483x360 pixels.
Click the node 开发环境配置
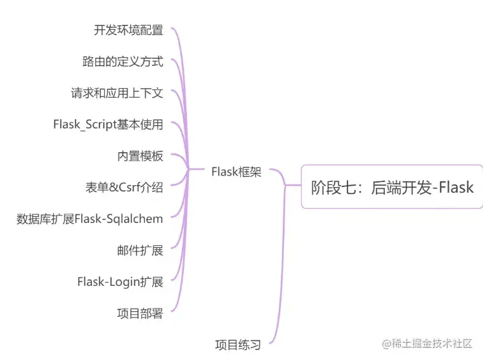click(129, 30)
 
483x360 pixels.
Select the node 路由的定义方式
click(123, 61)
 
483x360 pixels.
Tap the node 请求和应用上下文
click(117, 93)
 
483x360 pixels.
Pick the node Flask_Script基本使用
click(108, 125)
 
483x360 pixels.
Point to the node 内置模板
click(140, 156)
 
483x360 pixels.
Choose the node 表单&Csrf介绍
click(124, 188)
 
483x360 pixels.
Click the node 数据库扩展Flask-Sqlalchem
click(90, 219)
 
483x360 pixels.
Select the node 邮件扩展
click(140, 250)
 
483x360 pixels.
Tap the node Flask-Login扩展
click(120, 282)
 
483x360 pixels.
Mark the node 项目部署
click(140, 313)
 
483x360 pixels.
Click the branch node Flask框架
click(236, 172)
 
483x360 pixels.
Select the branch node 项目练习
click(238, 345)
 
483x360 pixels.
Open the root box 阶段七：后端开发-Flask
click(392, 187)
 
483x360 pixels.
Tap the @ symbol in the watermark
click(385, 344)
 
